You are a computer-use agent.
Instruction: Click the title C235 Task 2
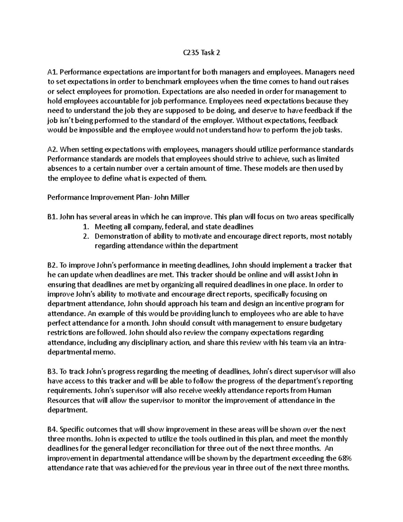coord(201,53)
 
